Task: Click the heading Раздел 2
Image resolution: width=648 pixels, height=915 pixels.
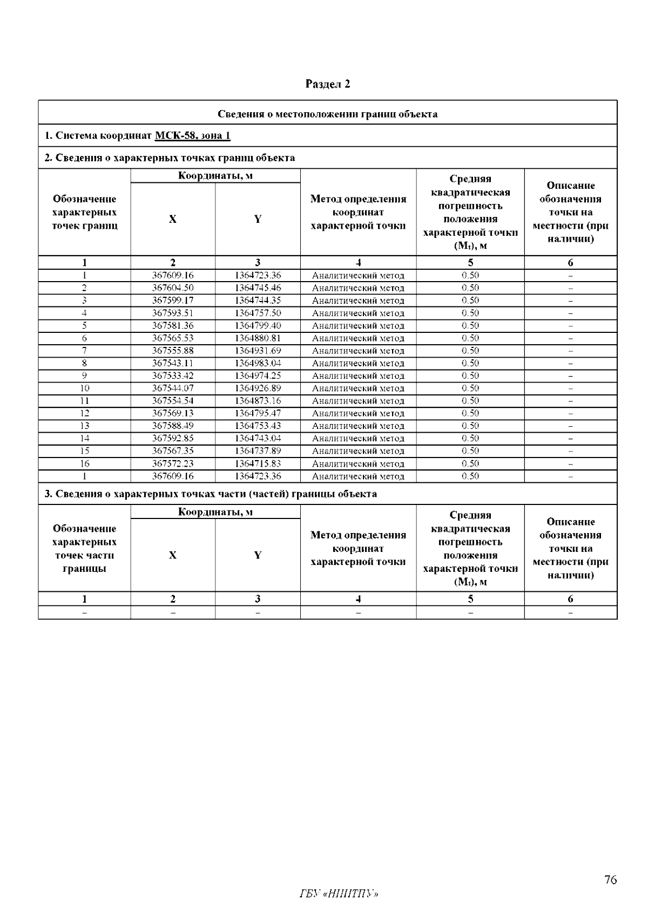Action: click(x=328, y=84)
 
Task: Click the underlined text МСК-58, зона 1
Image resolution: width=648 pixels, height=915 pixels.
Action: click(x=192, y=135)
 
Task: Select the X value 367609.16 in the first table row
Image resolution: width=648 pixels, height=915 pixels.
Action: click(x=173, y=275)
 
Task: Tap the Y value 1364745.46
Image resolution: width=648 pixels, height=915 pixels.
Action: click(x=258, y=288)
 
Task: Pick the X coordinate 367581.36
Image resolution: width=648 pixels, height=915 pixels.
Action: click(x=173, y=325)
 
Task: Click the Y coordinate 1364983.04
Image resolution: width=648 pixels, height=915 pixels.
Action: click(x=258, y=363)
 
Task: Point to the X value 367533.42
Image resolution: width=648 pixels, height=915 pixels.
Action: click(x=173, y=375)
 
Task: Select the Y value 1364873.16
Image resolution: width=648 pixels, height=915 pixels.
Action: click(x=258, y=401)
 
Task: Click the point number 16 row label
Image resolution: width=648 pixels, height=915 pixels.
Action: click(x=84, y=463)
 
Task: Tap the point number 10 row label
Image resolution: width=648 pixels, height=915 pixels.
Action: click(x=84, y=388)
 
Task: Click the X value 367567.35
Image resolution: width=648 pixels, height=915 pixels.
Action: click(x=173, y=451)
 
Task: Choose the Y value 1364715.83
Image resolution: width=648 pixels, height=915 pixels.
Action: click(x=258, y=463)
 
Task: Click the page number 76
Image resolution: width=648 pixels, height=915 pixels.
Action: click(x=610, y=880)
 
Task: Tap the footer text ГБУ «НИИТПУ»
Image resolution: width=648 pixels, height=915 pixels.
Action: click(x=339, y=893)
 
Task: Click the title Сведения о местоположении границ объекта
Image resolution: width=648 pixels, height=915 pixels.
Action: click(x=327, y=114)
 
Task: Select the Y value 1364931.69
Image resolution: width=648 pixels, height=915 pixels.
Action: click(x=258, y=351)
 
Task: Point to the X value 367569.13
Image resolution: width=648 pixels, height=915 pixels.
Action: click(x=173, y=413)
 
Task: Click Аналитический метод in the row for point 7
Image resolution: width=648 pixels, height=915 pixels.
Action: click(x=358, y=351)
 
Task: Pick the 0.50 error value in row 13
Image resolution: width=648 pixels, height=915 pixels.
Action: click(x=470, y=426)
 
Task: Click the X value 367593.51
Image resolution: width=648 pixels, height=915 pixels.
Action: click(x=173, y=313)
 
